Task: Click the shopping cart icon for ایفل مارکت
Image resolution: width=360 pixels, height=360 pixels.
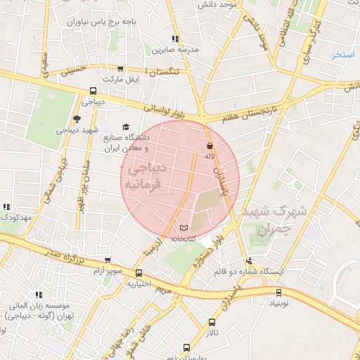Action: click(120, 69)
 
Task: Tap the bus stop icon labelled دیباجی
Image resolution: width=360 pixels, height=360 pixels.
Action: click(93, 91)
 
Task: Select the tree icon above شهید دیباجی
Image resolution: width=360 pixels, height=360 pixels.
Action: click(77, 120)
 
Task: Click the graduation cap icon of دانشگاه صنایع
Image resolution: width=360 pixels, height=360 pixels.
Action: click(126, 127)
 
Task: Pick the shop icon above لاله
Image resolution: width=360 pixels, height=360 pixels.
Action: click(210, 145)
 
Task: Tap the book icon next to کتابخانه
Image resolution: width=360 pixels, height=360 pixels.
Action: click(184, 229)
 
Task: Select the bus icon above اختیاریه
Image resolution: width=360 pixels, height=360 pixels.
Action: click(139, 274)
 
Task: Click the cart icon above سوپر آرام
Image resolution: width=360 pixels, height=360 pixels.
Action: click(107, 260)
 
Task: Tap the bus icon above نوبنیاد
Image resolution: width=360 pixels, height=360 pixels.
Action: click(279, 292)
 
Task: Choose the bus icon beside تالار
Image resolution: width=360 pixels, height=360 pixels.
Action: click(212, 322)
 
